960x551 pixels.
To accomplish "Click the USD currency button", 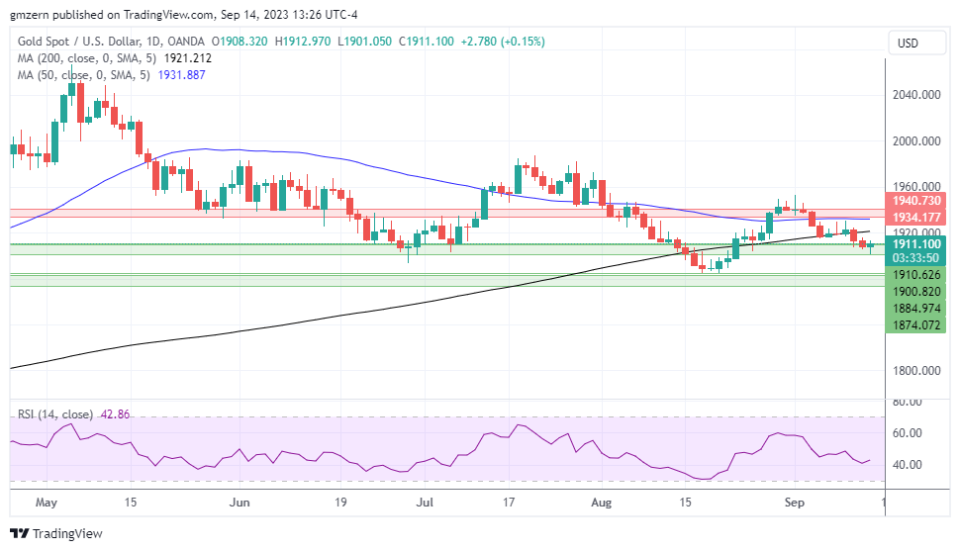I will click(x=908, y=43).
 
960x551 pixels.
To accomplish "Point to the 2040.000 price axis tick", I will click(x=915, y=95).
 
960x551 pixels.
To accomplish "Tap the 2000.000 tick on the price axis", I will click(x=915, y=141).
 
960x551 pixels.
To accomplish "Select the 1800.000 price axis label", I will click(x=915, y=371).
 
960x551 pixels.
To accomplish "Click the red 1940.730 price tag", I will click(x=915, y=201).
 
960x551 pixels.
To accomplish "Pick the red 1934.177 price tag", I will click(x=915, y=218).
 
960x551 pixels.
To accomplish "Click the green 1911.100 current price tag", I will click(x=915, y=243).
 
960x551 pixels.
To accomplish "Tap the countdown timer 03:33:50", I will click(x=915, y=257).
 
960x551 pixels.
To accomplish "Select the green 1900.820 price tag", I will click(x=915, y=292).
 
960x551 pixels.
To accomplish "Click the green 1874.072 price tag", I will click(x=915, y=324).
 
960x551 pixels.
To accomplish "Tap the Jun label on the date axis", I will click(x=240, y=503).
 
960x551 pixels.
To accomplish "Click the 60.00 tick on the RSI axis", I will click(x=909, y=433).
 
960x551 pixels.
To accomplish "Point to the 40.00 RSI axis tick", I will click(x=909, y=465).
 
